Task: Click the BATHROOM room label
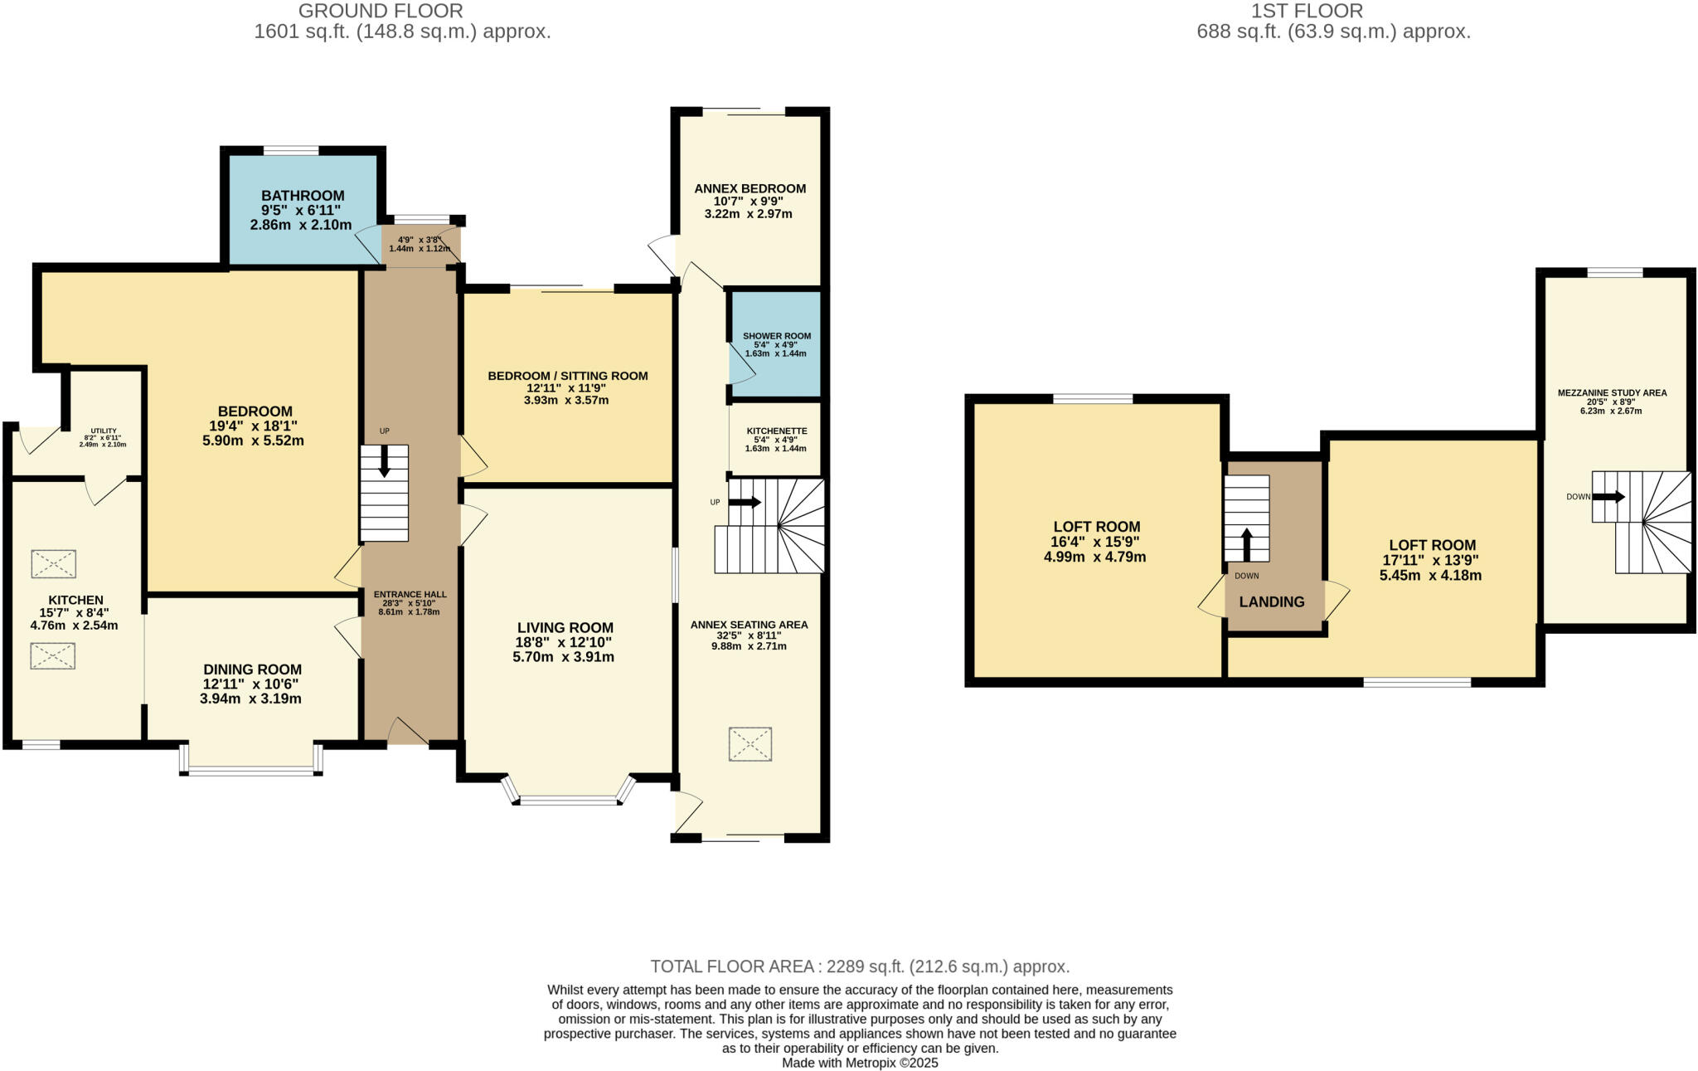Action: click(303, 196)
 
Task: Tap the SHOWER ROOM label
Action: click(776, 336)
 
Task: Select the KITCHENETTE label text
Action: click(776, 431)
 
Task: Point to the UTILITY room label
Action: click(104, 431)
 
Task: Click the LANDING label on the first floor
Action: click(1271, 602)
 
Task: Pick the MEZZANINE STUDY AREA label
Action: click(1611, 393)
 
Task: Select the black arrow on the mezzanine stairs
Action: click(1608, 497)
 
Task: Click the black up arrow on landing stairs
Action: click(1246, 545)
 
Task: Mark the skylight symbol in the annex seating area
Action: click(750, 744)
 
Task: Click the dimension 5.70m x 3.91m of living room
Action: click(563, 657)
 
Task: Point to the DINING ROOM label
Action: click(252, 669)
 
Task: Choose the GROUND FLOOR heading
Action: click(381, 11)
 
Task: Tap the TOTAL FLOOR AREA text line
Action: click(859, 966)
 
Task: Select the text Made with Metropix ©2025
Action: click(859, 1063)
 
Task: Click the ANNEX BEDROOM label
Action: click(750, 188)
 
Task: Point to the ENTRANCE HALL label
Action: click(410, 594)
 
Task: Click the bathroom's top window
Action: click(291, 151)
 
